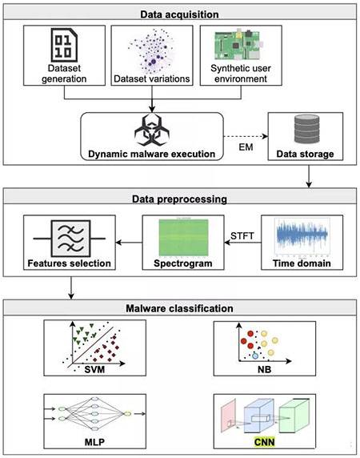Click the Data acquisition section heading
[179, 14]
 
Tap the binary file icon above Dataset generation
[64, 45]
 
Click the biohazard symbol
[152, 131]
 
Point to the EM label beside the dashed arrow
[246, 147]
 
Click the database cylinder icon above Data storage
[306, 130]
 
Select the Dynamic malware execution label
[152, 154]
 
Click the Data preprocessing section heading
[179, 199]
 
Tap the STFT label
[242, 235]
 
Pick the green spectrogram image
[183, 237]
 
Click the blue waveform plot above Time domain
[302, 236]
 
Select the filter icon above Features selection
[70, 239]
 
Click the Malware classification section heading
[179, 308]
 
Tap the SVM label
[94, 369]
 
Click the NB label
[264, 369]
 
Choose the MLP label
[94, 442]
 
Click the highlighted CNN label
[264, 442]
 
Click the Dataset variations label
[152, 78]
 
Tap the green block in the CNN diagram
[294, 416]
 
